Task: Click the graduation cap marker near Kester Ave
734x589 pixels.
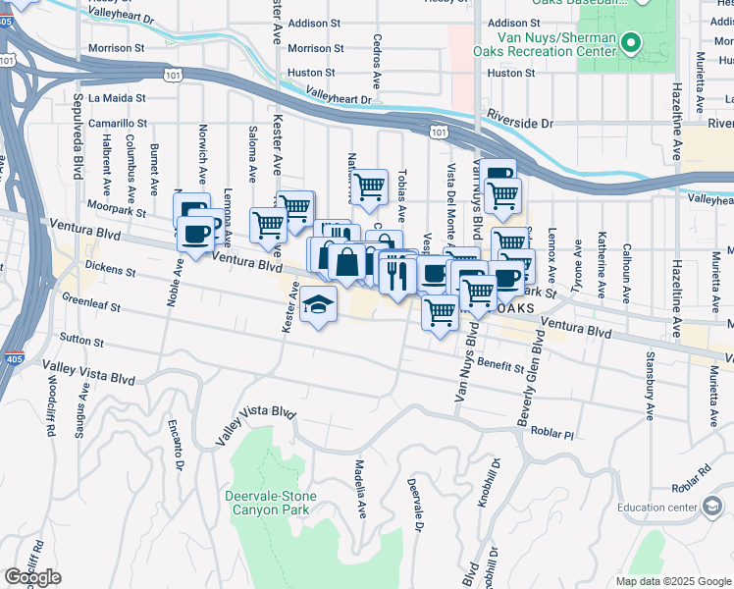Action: click(318, 305)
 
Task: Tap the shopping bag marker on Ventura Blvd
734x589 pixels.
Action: click(347, 261)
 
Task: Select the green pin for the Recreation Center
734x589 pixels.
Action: click(632, 43)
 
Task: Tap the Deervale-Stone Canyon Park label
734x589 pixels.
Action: click(267, 503)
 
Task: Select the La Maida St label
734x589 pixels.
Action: click(117, 98)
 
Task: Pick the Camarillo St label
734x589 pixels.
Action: click(117, 125)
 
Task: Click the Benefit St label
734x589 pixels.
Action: click(501, 363)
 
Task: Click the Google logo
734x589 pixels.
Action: click(32, 577)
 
